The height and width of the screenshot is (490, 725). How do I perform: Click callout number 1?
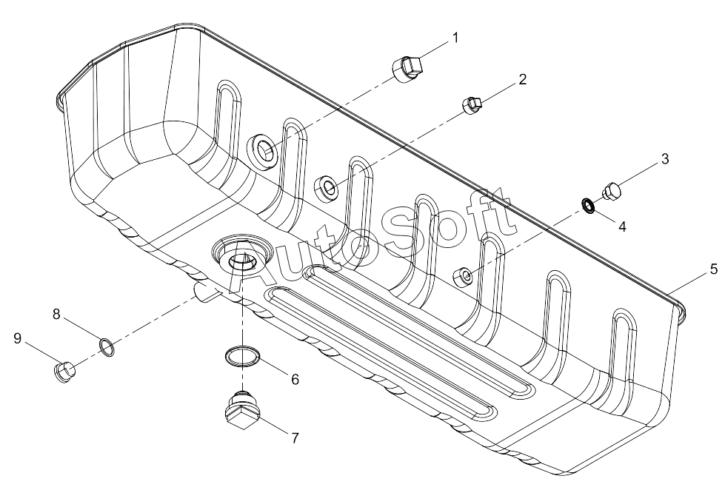[455, 38]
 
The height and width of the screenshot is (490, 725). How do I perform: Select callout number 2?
[522, 79]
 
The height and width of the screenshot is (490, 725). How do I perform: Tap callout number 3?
[665, 159]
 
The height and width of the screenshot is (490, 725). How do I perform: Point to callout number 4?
[622, 226]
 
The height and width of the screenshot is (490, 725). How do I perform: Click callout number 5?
[714, 269]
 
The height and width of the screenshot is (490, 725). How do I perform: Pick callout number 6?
[295, 380]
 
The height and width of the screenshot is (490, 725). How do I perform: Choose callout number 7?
[295, 437]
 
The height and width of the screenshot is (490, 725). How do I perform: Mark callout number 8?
[56, 315]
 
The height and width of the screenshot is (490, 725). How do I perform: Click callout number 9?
[18, 339]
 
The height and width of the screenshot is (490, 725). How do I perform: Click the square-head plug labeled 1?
[407, 69]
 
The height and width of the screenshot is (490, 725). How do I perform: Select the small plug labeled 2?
[472, 105]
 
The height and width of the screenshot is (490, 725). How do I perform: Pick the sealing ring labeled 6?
[242, 355]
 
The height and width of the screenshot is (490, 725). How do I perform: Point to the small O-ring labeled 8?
[107, 346]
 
